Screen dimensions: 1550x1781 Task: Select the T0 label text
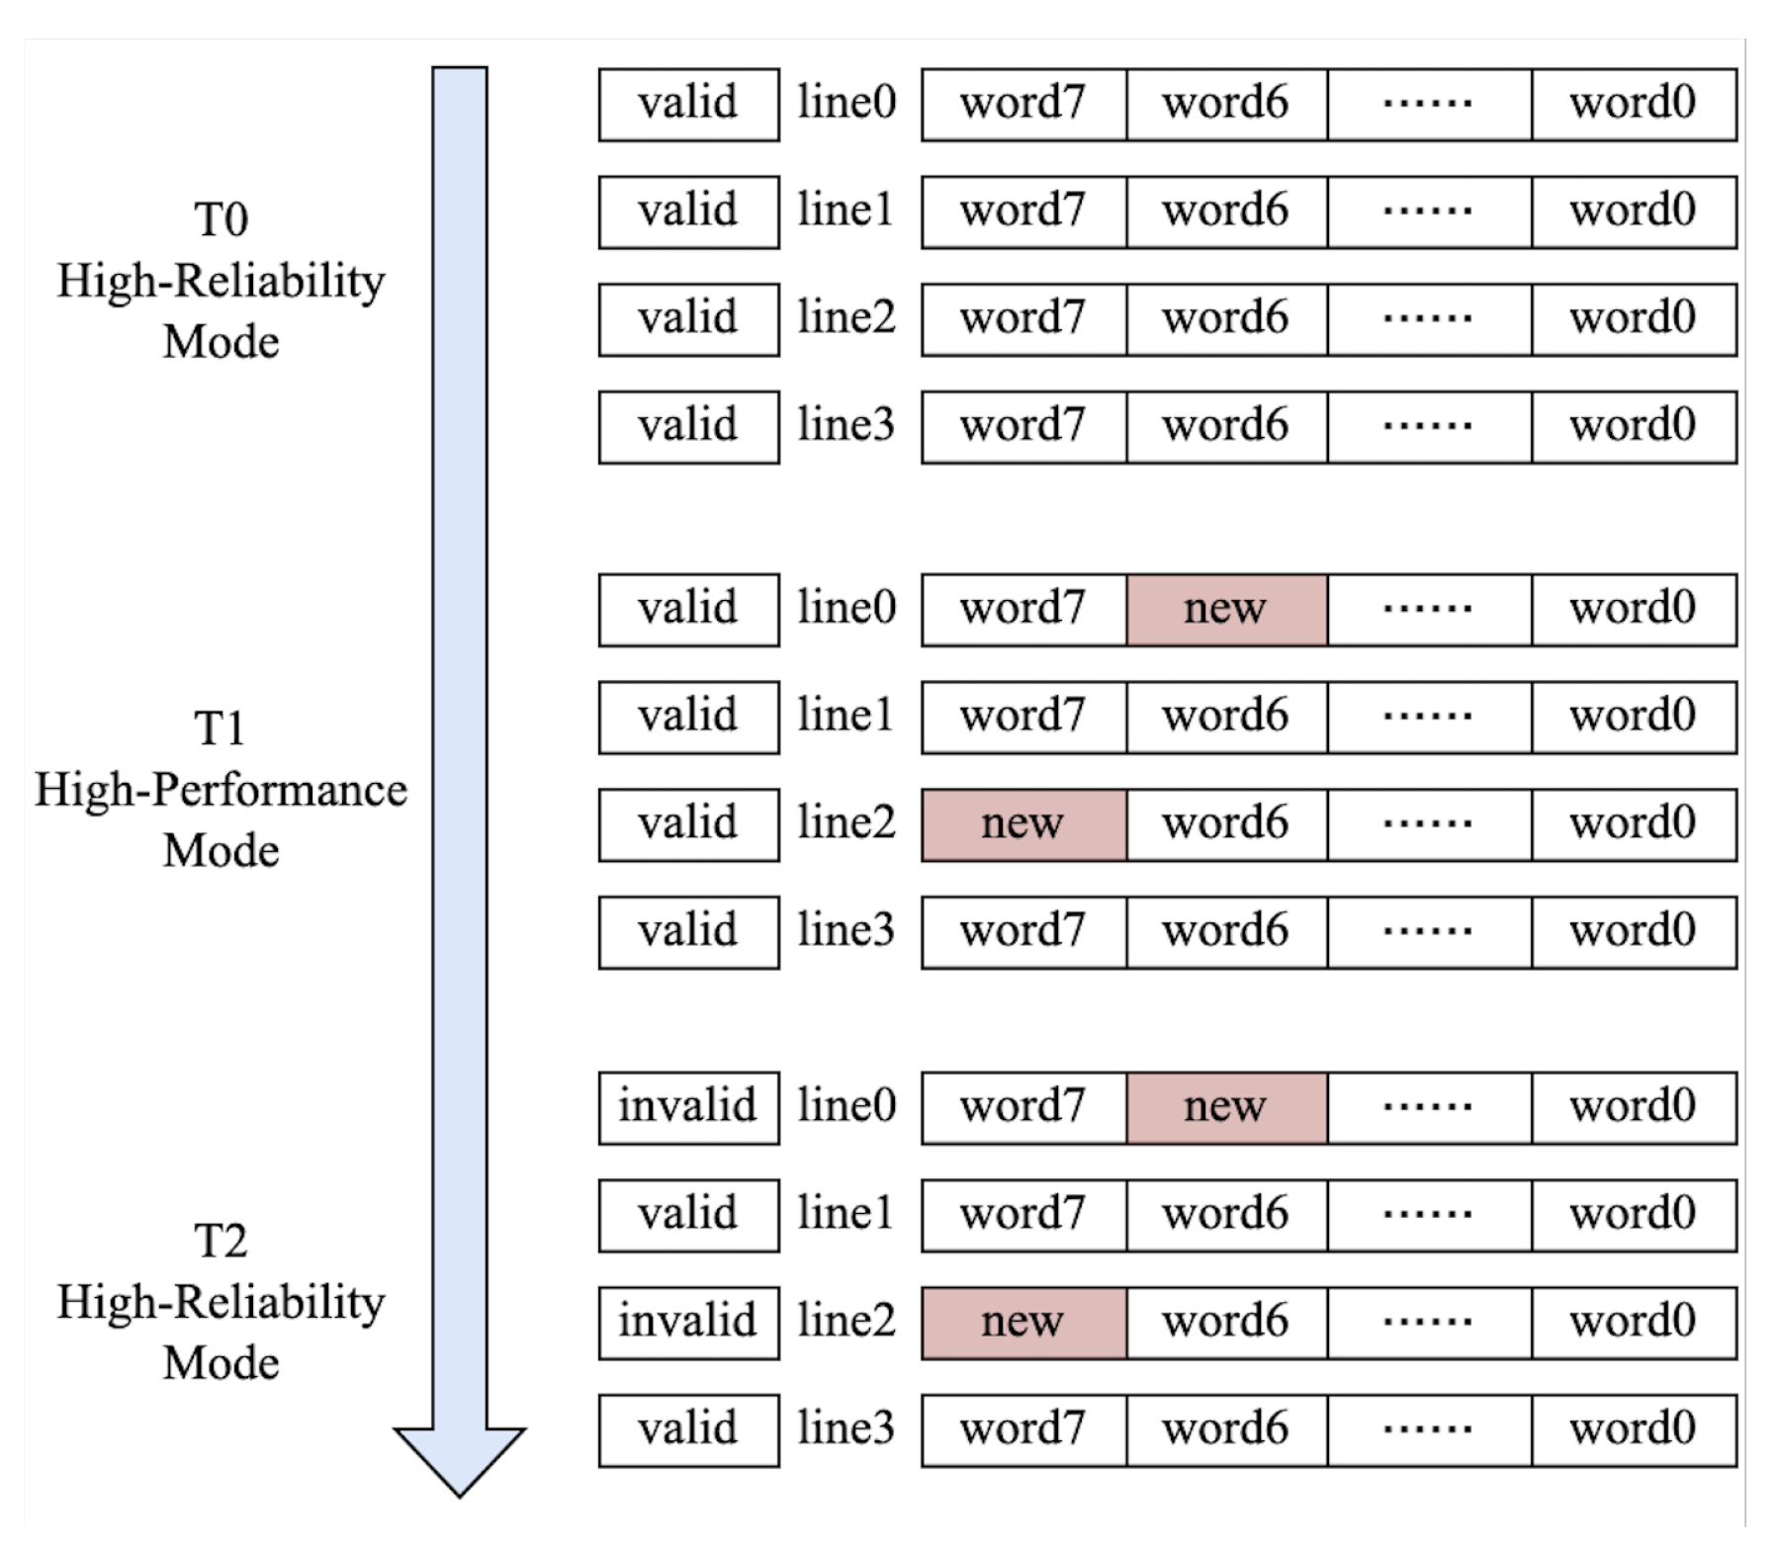[221, 219]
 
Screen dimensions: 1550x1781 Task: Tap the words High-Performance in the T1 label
[221, 790]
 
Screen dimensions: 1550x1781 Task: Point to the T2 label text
[221, 1241]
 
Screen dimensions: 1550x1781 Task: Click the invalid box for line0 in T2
[688, 1107]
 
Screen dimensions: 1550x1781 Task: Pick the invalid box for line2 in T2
[688, 1322]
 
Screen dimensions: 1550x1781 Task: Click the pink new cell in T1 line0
[1225, 609]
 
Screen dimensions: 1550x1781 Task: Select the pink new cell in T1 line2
[1023, 823]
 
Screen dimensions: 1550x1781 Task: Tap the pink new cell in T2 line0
[1225, 1107]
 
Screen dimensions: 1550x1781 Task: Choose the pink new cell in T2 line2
[1023, 1322]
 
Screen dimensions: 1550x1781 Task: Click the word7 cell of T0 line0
[1023, 104]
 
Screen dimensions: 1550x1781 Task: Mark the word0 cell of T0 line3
[1633, 426]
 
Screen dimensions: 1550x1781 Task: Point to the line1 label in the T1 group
[846, 716]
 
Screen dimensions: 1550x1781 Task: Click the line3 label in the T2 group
[846, 1429]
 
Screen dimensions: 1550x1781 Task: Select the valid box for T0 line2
[688, 318]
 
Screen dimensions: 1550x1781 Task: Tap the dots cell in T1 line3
[1428, 931]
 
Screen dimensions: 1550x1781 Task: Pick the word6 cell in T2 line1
[1225, 1215]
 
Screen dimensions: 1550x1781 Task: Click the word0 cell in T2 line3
[1633, 1429]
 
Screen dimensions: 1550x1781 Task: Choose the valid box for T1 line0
[688, 609]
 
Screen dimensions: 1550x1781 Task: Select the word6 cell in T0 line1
[1225, 212]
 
